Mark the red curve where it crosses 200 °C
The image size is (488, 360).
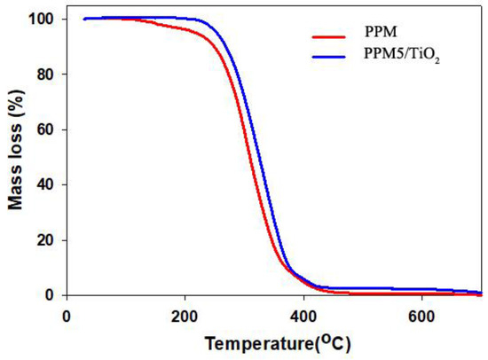pos(185,29)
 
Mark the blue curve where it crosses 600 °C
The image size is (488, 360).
pos(421,289)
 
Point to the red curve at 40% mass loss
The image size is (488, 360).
pos(268,184)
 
